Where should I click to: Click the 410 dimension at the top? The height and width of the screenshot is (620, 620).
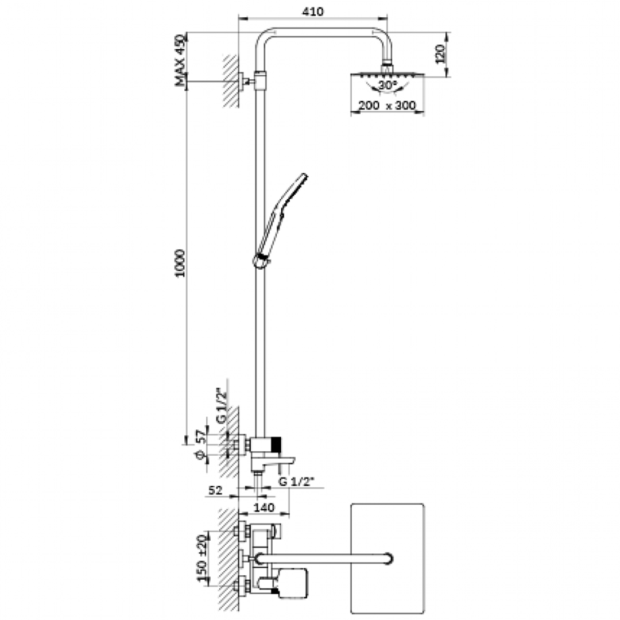coord(312,11)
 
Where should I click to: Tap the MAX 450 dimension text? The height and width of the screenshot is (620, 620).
coord(180,60)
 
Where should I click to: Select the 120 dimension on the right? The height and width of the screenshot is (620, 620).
coord(440,54)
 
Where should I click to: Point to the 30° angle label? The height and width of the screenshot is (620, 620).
coord(387,85)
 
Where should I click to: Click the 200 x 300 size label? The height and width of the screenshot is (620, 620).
coord(387,106)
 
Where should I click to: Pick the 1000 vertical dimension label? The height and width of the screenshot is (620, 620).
coord(180,263)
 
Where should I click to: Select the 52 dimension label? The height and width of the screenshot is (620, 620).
coord(215,490)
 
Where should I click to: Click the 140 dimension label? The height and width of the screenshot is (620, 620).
coord(264,507)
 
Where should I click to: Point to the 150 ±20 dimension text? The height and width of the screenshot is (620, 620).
coord(202,559)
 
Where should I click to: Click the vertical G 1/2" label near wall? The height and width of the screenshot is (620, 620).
coord(222,406)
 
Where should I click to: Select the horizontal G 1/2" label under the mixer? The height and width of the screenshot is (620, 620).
coord(296,482)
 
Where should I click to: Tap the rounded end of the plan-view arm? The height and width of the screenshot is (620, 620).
coord(388,559)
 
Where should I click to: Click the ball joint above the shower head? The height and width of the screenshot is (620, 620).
coord(387,67)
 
